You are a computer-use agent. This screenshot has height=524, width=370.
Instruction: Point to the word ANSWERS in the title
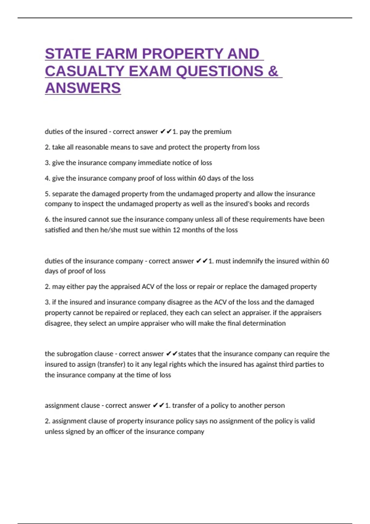(x=83, y=88)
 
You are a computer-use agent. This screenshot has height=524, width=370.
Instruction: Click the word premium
(x=218, y=132)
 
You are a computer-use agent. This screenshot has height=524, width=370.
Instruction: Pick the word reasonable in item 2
(x=92, y=147)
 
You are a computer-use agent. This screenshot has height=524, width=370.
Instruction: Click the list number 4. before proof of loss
(x=47, y=178)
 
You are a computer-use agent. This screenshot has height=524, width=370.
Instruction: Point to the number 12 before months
(x=176, y=230)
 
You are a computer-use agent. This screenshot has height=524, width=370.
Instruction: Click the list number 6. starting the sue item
(x=47, y=219)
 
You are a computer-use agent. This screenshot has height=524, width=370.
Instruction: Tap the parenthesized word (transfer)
(x=111, y=364)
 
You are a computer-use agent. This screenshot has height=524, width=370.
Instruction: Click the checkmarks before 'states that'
(x=172, y=354)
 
